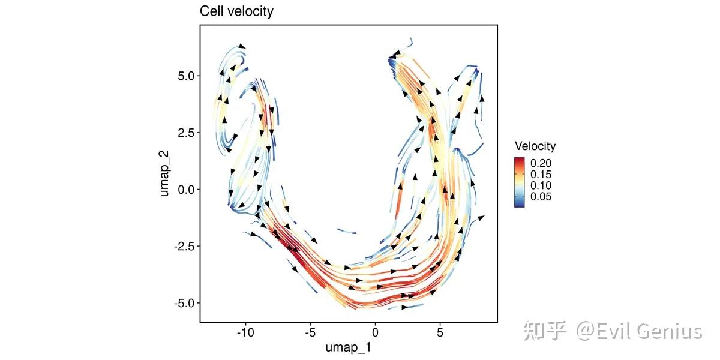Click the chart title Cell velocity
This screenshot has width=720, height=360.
pyautogui.click(x=236, y=11)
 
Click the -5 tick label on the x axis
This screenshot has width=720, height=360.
pyautogui.click(x=310, y=331)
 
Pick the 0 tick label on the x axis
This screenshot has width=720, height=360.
pyautogui.click(x=375, y=331)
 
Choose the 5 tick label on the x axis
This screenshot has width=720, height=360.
pyautogui.click(x=440, y=331)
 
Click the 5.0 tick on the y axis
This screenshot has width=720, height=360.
pyautogui.click(x=184, y=76)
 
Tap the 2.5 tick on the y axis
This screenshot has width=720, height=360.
pyautogui.click(x=184, y=133)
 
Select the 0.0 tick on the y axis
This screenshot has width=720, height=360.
pyautogui.click(x=184, y=190)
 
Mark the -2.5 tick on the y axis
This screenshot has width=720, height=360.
pyautogui.click(x=182, y=246)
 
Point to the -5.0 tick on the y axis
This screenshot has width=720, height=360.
pyautogui.click(x=182, y=303)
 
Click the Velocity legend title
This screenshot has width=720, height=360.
pyautogui.click(x=535, y=146)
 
